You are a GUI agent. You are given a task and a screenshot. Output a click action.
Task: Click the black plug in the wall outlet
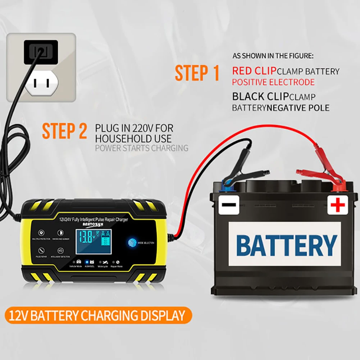click(41, 52)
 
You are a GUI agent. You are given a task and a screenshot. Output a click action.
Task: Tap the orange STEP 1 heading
click(197, 73)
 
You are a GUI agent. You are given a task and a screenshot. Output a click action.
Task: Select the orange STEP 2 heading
click(65, 131)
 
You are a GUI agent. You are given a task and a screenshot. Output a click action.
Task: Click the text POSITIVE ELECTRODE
click(273, 82)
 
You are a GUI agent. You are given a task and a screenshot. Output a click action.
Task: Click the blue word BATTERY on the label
click(287, 245)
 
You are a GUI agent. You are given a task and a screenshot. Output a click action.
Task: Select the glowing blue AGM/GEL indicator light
click(86, 261)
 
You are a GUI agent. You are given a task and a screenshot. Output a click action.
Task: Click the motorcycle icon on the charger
click(105, 262)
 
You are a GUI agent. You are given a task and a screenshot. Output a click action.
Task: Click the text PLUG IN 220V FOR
click(134, 128)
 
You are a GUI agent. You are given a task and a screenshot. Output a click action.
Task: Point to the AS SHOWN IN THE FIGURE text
click(273, 56)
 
